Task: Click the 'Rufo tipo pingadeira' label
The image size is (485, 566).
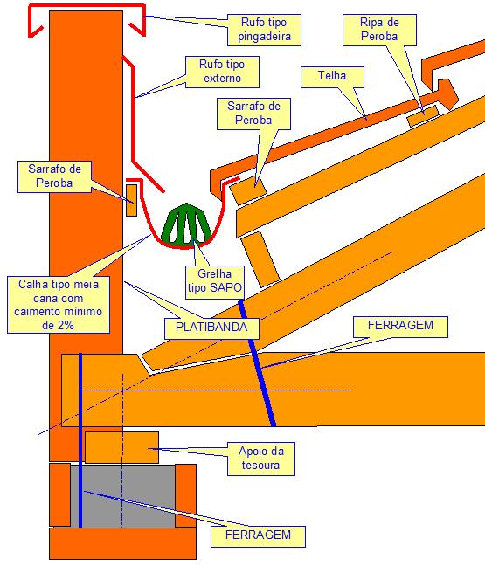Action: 264,30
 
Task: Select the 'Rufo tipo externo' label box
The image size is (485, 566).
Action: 222,72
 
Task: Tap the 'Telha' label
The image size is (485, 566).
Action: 332,77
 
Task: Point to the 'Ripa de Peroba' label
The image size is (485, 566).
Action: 379,30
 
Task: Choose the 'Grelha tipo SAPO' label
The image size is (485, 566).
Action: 215,282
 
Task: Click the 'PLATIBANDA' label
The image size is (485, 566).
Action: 211,328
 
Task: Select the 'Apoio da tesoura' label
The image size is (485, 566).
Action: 261,459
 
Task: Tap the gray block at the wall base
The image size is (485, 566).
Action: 123,495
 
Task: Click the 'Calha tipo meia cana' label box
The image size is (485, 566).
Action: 59,305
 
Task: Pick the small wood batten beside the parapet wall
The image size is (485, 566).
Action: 131,200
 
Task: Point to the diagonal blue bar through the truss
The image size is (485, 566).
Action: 257,364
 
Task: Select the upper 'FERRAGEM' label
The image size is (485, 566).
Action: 401,327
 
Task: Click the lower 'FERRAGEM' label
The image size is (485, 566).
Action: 258,536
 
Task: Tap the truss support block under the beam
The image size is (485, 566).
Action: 121,447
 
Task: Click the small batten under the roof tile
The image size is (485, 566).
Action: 423,115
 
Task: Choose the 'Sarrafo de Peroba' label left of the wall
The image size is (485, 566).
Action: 54,176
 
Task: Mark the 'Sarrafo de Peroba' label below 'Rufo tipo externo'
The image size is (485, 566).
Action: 254,114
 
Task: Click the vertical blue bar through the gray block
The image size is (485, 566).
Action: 80,440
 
